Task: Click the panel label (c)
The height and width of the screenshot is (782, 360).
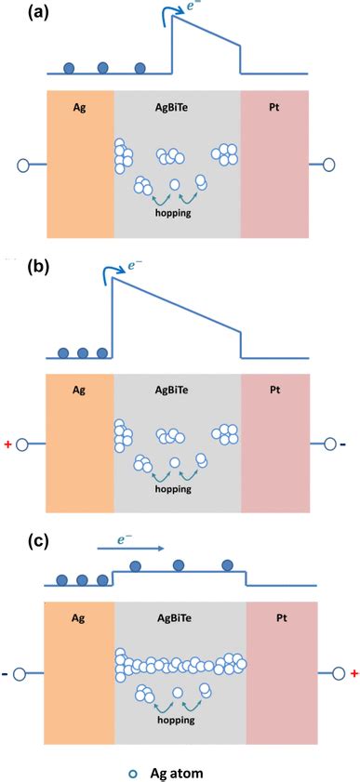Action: (x=20, y=539)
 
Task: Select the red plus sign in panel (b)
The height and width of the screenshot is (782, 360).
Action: (x=8, y=444)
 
